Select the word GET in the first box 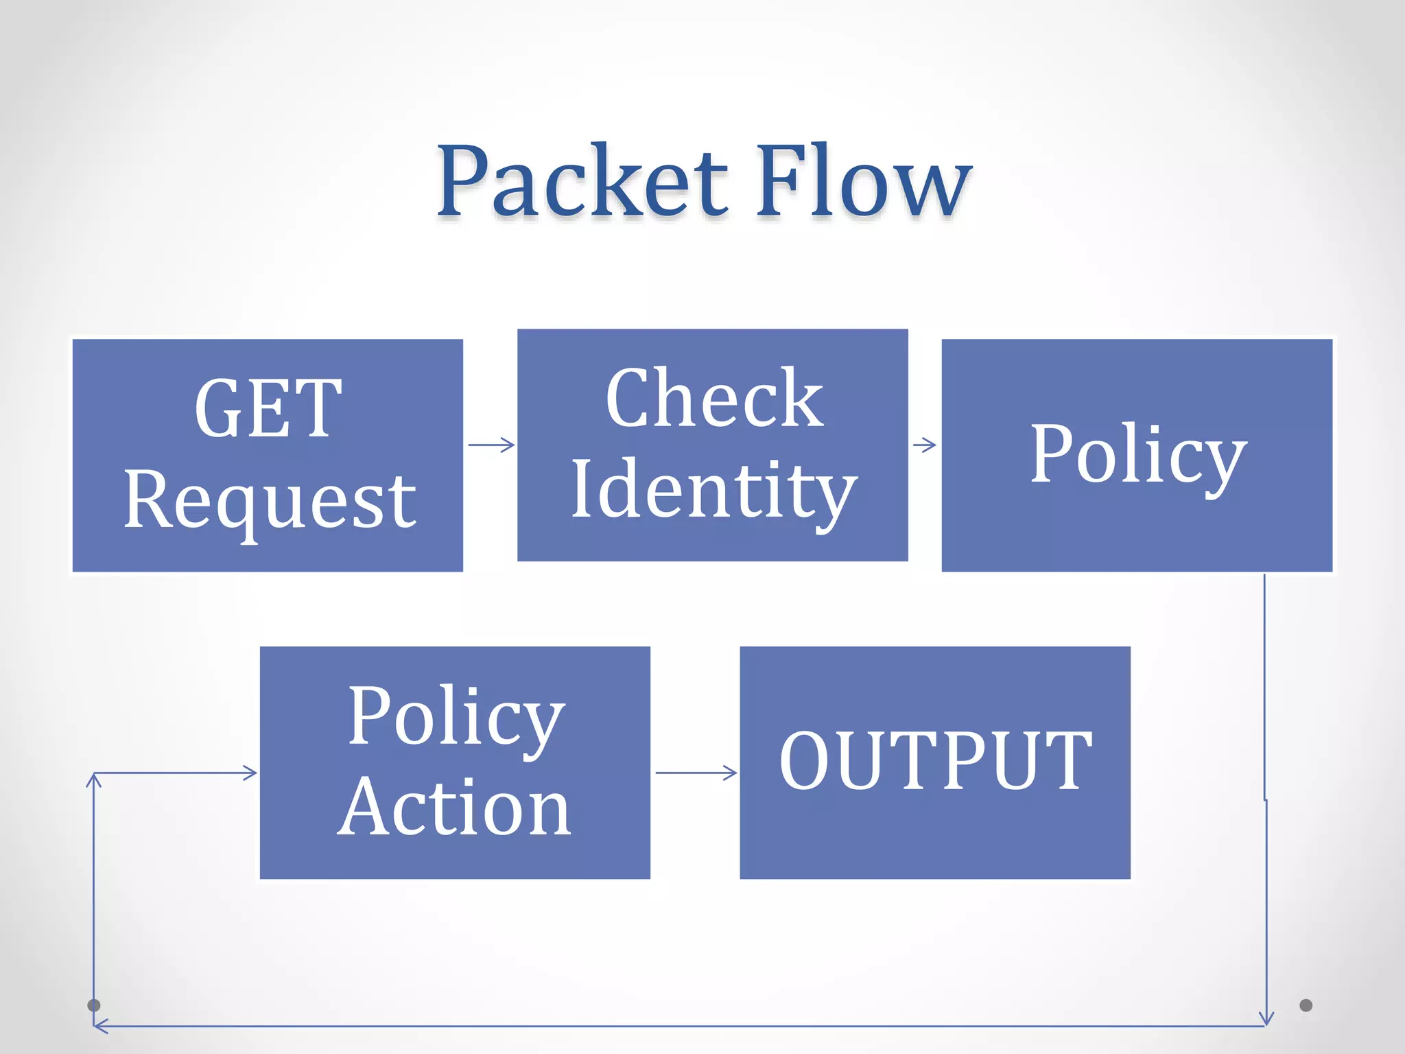pos(268,409)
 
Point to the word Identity pos(713,491)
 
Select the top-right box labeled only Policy pos(1137,454)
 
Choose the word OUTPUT pos(935,761)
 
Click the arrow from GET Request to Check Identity pos(491,445)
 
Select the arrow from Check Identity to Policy pos(925,445)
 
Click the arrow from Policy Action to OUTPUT pos(696,773)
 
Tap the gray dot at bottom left pos(94,1005)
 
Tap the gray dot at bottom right pos(1306,1005)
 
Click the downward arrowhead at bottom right pos(1266,1018)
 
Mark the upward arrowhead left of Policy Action pos(94,780)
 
